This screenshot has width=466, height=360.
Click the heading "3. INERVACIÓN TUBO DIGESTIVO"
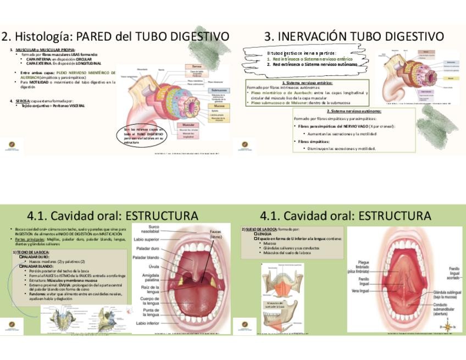[x=354, y=36]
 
